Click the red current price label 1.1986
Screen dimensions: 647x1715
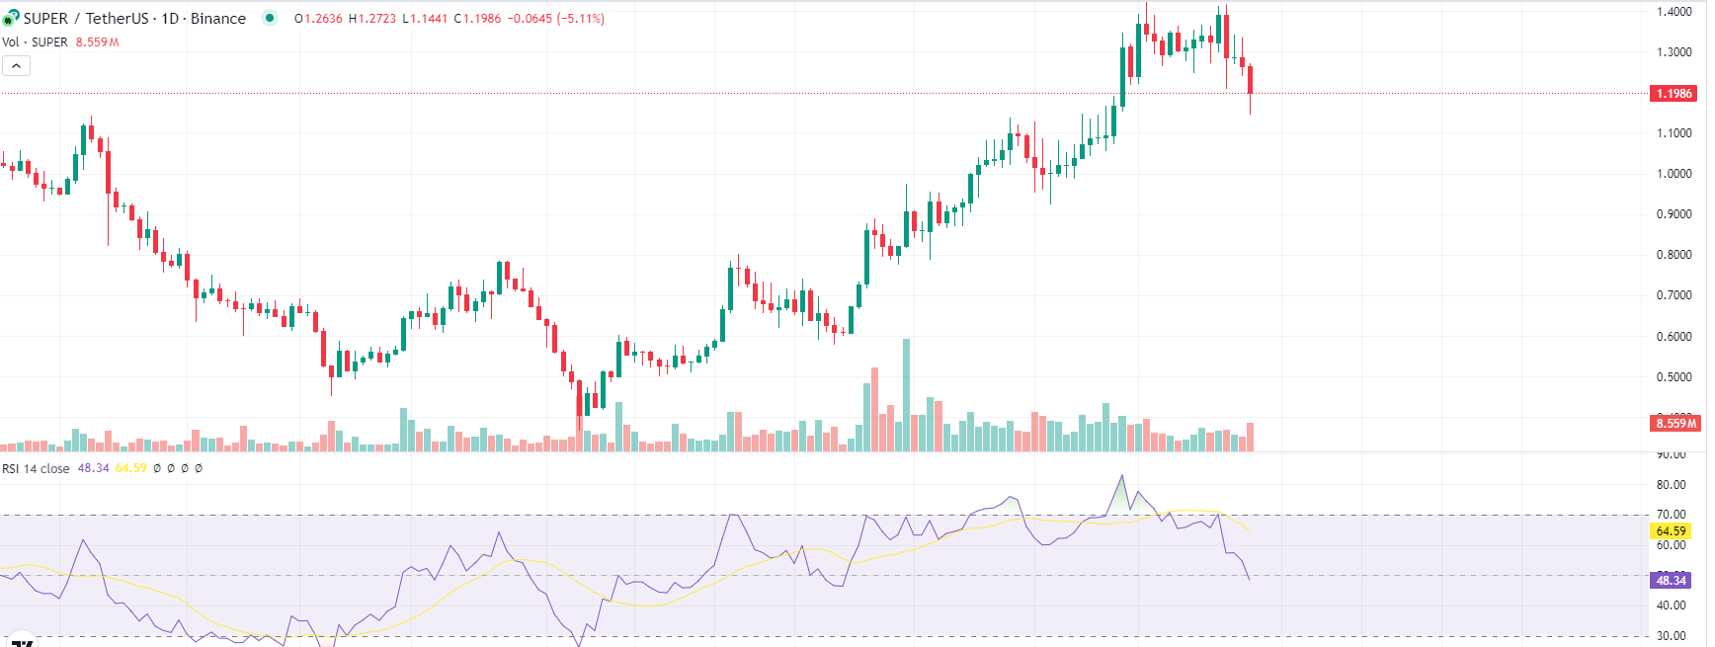[1674, 94]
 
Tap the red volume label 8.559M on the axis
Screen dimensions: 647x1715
[1675, 423]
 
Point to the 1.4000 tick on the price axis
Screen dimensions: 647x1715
[1674, 12]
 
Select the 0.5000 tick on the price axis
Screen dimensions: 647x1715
[1674, 377]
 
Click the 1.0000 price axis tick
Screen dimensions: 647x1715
[1674, 174]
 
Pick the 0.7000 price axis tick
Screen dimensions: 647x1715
[1674, 295]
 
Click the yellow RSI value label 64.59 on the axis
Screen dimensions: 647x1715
[1671, 531]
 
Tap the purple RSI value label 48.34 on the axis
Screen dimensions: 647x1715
[1671, 580]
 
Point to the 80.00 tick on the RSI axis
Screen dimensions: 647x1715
[1671, 485]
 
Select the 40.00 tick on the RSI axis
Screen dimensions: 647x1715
[1671, 606]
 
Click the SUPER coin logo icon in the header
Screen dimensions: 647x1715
[11, 18]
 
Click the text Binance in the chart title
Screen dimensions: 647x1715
[217, 19]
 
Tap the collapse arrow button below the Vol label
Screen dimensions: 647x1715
[16, 66]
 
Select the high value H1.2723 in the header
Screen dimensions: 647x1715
[371, 19]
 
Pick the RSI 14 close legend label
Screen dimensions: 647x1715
[36, 468]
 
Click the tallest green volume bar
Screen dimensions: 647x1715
[906, 395]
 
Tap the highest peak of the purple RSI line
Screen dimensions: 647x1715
[1121, 476]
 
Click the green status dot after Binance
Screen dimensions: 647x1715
[270, 18]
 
